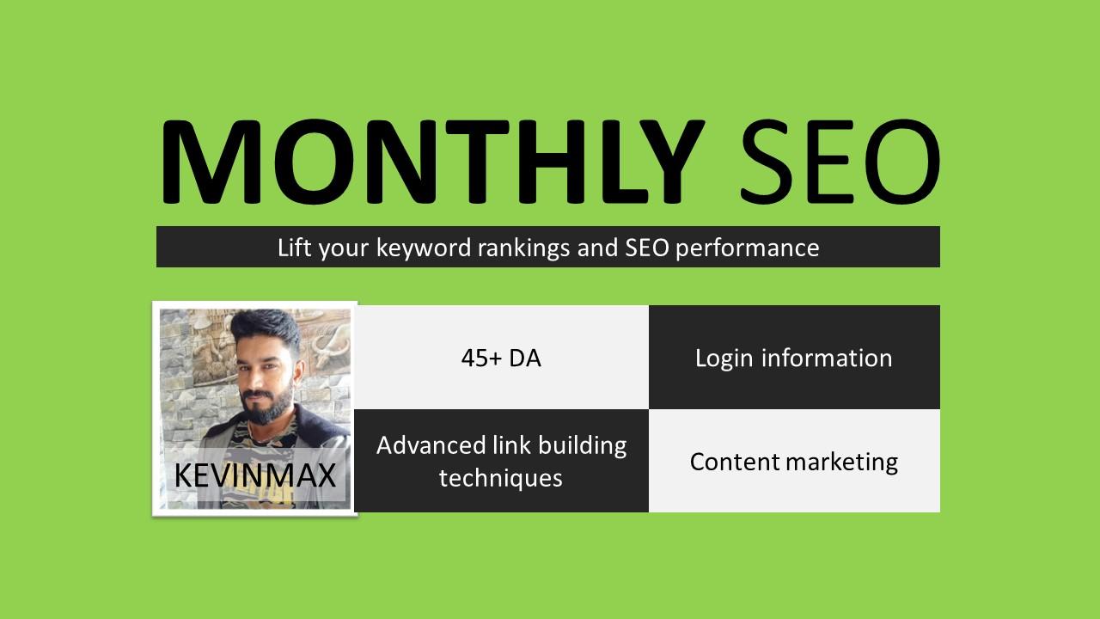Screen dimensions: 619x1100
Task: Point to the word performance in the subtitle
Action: [x=747, y=248]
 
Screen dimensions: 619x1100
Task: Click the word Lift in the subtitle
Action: [x=295, y=248]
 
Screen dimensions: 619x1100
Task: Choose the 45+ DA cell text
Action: [x=501, y=358]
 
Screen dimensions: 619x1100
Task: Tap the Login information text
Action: [x=793, y=358]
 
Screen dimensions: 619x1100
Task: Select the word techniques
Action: [x=501, y=477]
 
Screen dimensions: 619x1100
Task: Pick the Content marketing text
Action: [x=793, y=462]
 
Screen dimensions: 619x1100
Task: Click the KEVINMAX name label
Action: [x=254, y=475]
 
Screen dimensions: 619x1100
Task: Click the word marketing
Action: [x=845, y=462]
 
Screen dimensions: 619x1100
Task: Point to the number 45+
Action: [x=481, y=358]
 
